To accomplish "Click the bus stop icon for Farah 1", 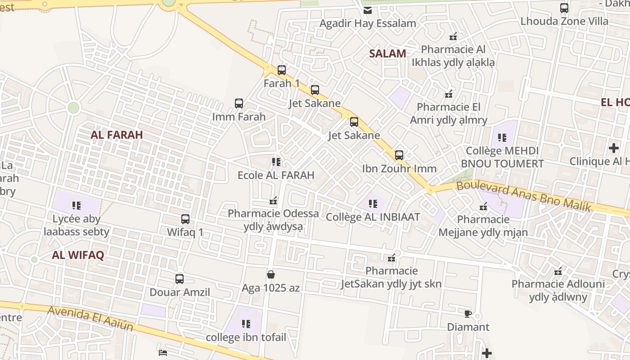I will pos(282,70).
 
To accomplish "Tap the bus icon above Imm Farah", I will pos(239,103).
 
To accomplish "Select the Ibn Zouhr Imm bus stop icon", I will pos(399,155).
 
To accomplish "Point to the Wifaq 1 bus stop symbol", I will pos(185,219).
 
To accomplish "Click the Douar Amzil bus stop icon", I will pos(180,279).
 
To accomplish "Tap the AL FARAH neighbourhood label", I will pos(117,135).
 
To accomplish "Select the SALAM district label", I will pos(387,54).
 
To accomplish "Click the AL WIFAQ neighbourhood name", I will pos(78,255).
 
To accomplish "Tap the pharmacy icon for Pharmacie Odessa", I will pos(273,200).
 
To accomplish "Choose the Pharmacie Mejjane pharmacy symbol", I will pos(483,207).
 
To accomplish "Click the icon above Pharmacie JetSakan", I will pos(391,258).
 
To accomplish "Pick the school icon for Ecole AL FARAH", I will pos(276,162).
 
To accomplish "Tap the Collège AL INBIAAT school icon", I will pos(373,204).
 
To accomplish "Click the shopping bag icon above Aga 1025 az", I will pos(271,274).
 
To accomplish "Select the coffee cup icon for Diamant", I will pos(468,314).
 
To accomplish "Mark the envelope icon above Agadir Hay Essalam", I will pos(368,10).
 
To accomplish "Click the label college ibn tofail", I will pos(246,337).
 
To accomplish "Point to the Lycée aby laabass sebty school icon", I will pos(76,206).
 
